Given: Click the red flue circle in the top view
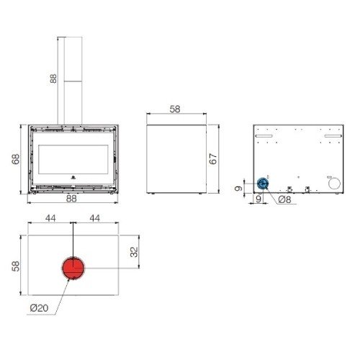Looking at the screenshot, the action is coord(73,268).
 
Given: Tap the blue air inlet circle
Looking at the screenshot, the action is coord(263,184).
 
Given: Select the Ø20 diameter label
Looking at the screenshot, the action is coord(39,308).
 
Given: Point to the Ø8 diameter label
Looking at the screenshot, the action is coord(284,199).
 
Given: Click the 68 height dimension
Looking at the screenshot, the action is coord(16,159).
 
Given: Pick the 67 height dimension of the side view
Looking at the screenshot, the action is coord(213,159).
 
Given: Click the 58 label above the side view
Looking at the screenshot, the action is coord(175,109).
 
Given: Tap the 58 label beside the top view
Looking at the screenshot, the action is coord(16,266).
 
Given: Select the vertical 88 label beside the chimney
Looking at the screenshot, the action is coord(53,78).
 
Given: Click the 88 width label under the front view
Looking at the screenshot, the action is coord(71,199).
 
